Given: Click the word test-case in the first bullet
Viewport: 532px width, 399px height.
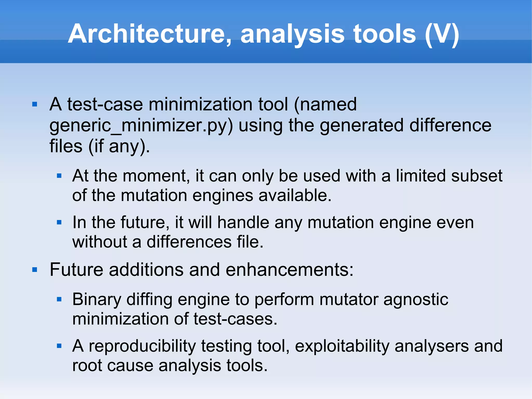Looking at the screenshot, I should (x=105, y=104).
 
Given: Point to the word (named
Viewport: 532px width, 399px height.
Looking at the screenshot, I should (x=325, y=104).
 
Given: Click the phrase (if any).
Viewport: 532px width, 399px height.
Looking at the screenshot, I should (x=119, y=146).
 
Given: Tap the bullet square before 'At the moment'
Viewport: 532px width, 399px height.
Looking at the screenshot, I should (x=59, y=176).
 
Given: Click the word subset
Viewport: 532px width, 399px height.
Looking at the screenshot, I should (x=477, y=176).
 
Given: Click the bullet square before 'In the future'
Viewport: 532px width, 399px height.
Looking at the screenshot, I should (x=59, y=223).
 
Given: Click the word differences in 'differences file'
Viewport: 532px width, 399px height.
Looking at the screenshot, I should (x=189, y=242).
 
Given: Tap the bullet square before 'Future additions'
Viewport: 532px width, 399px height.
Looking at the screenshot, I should (x=35, y=270).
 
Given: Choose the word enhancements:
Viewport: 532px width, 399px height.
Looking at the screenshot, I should (x=289, y=270).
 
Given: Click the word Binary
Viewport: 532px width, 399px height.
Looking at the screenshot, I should (x=97, y=300).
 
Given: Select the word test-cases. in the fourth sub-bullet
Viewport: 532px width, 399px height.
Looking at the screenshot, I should (x=236, y=319).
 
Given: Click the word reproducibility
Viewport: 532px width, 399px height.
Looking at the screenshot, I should (x=142, y=346).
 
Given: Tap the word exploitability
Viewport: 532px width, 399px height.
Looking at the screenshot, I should (x=342, y=346).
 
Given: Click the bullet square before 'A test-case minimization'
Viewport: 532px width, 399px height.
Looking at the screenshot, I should (x=35, y=104).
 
